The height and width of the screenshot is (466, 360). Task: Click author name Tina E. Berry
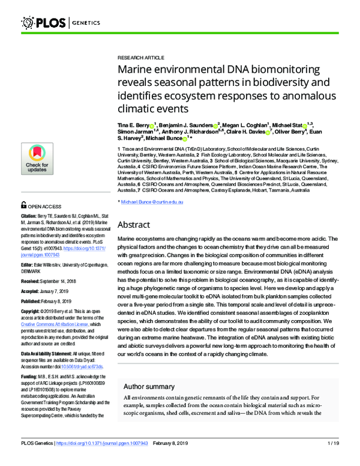click(x=136, y=123)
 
